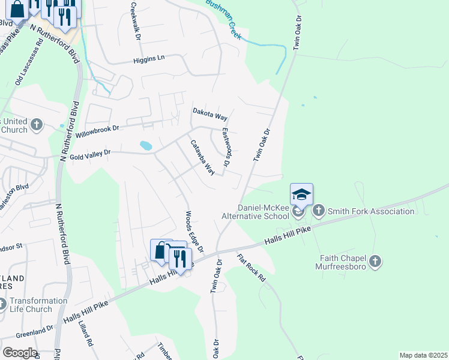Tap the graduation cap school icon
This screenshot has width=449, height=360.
point(302,194)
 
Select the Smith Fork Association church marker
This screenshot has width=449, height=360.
point(318,211)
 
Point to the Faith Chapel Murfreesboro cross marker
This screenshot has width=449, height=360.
point(375,261)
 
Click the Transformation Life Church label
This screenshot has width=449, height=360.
point(38,305)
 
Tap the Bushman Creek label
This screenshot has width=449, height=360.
point(223,19)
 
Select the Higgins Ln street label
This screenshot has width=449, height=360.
point(148,59)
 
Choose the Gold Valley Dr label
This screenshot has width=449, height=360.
point(91,154)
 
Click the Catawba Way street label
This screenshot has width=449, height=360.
point(203,158)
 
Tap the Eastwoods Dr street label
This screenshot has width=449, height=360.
point(226,147)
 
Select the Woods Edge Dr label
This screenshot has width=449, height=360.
point(194,231)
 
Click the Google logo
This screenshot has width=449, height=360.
point(19,353)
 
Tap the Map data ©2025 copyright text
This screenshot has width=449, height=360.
point(423,355)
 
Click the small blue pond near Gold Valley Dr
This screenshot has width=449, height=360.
point(145,145)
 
